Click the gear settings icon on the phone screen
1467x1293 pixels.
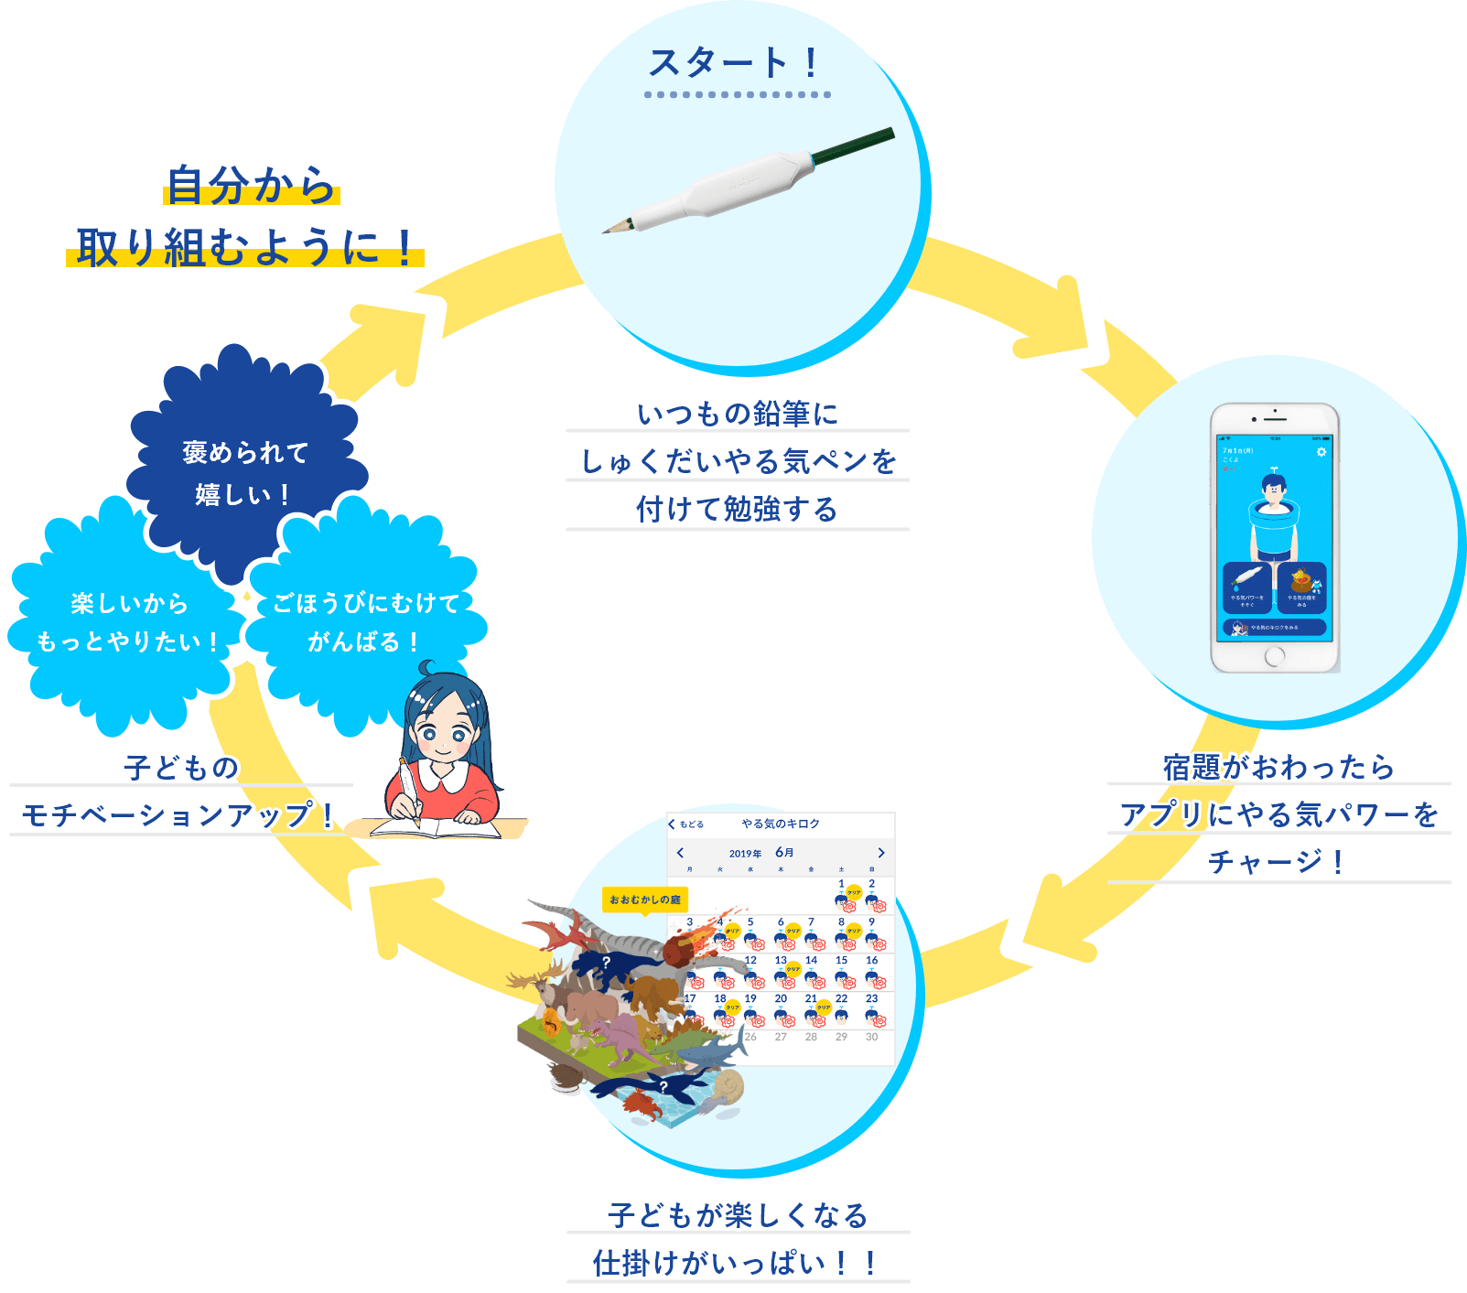(1321, 452)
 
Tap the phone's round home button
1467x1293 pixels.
(1275, 656)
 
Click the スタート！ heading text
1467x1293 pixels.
(735, 63)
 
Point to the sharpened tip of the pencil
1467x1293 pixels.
(605, 231)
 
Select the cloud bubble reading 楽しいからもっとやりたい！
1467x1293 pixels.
(125, 622)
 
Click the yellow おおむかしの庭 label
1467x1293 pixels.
(644, 900)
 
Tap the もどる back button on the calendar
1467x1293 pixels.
(686, 824)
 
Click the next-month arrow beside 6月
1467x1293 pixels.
(880, 853)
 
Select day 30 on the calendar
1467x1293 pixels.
(871, 1037)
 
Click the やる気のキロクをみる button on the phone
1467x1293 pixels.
(1274, 628)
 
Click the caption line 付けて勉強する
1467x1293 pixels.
(737, 509)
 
